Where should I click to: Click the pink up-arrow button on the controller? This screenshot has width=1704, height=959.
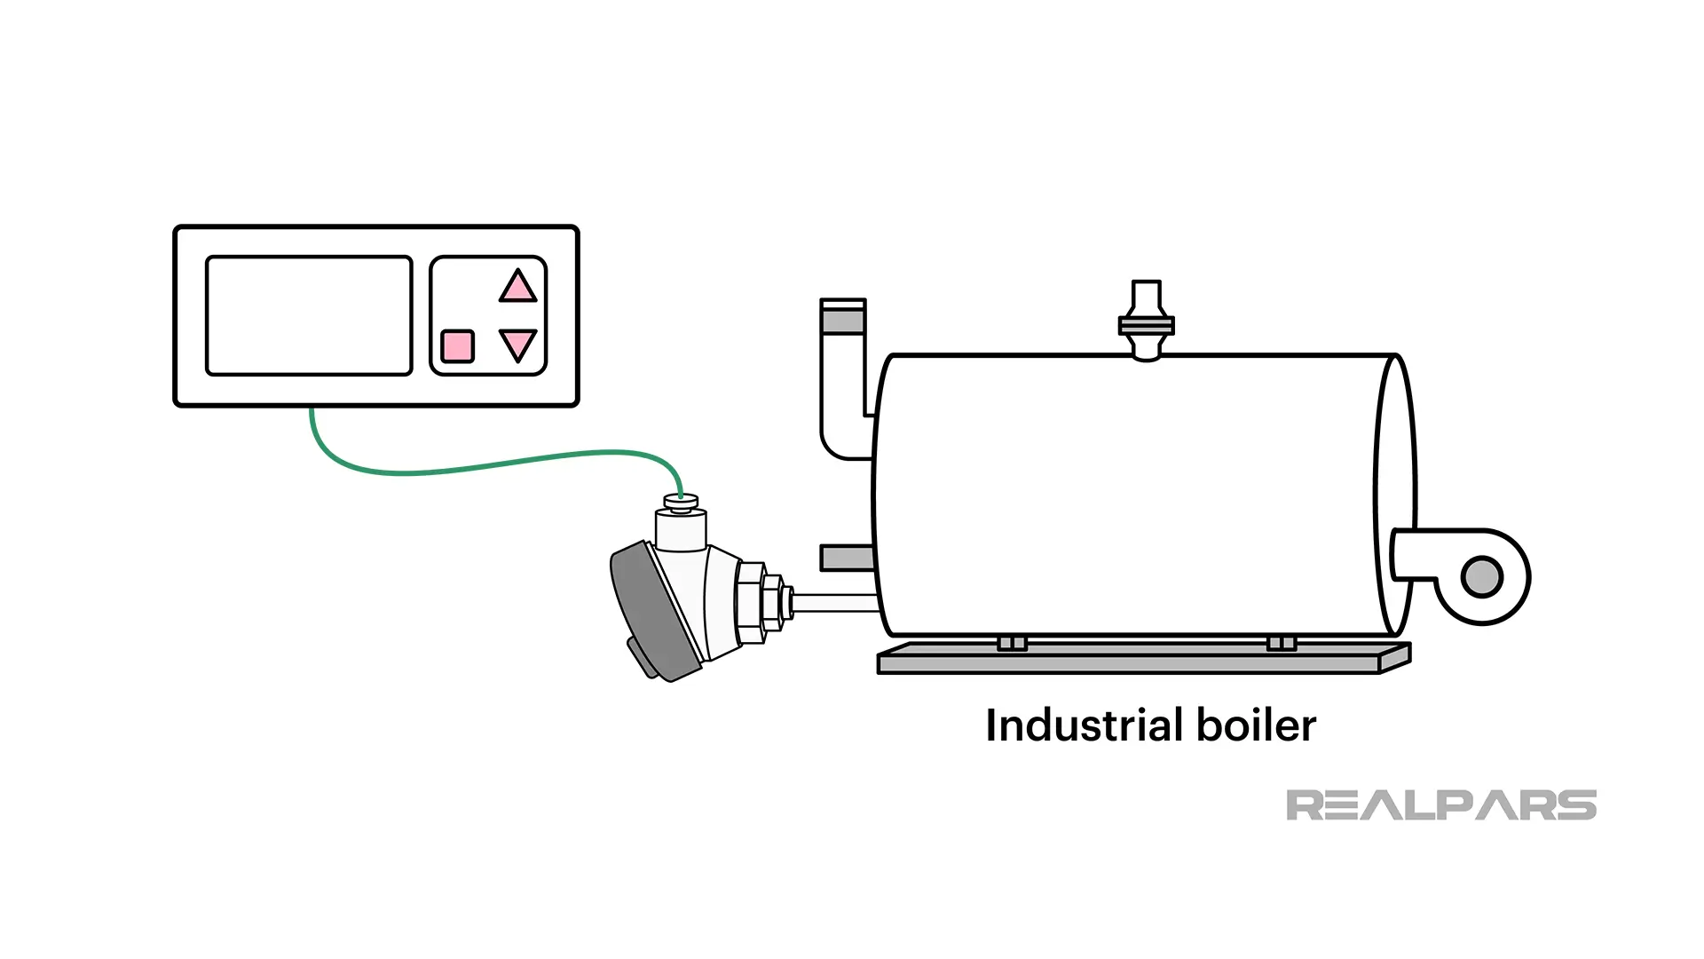[x=517, y=287]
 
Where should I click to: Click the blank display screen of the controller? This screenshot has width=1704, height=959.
[x=309, y=316]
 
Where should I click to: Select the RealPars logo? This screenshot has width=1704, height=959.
[x=1440, y=805]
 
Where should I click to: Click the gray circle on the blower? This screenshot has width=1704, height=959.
[x=1480, y=576]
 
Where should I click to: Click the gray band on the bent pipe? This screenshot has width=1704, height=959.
[x=842, y=318]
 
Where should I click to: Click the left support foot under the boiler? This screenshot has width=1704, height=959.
[x=1012, y=643]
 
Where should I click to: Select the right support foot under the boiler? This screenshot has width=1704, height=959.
[x=1281, y=643]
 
